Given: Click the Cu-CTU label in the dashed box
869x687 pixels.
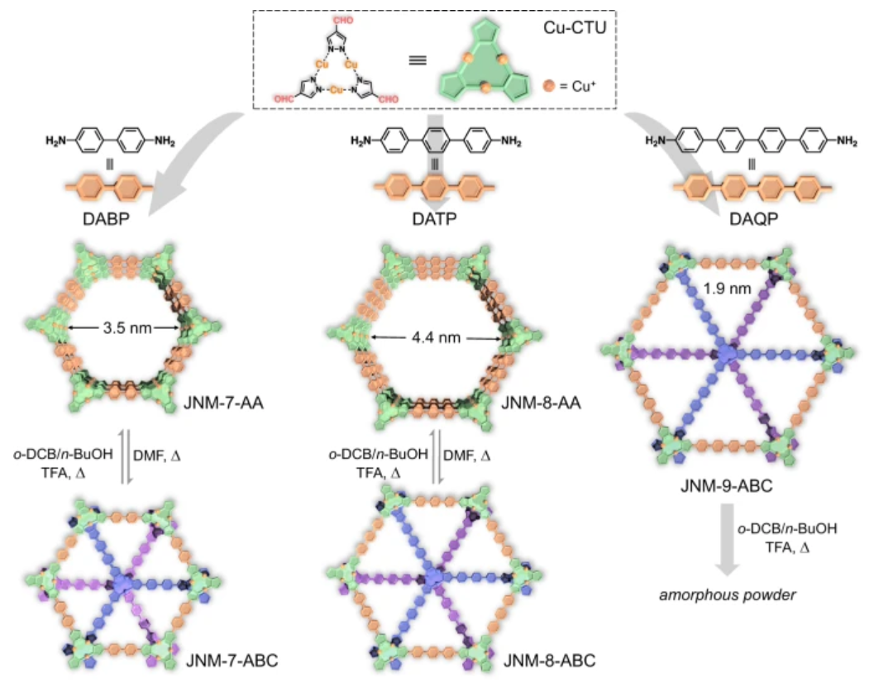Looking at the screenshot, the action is point(575,27).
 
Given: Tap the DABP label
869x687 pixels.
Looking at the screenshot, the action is point(106,219).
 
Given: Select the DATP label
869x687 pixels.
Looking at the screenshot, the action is point(435,219).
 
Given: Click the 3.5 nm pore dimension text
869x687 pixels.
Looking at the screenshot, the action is point(127,328).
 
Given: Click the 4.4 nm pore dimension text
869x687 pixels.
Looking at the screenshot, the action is point(437,337).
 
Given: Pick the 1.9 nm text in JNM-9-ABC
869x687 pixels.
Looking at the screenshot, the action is point(727,288).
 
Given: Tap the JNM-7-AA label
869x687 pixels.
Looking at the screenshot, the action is point(223,403).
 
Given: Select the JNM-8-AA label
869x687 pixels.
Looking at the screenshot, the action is point(541,403).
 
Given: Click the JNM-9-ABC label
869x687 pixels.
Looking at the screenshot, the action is point(727,486).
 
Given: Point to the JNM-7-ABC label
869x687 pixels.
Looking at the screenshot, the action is point(232,661).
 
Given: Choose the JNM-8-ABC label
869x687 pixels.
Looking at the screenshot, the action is point(549,661).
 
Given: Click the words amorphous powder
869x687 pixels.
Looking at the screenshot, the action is point(727,595).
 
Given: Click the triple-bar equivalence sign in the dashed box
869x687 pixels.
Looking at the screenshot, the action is point(418,60).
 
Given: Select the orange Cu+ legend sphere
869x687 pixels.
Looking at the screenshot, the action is point(549,86).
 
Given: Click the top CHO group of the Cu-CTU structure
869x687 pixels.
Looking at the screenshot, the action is point(343,21).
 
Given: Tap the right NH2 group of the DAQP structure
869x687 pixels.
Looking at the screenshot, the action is point(847,141).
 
